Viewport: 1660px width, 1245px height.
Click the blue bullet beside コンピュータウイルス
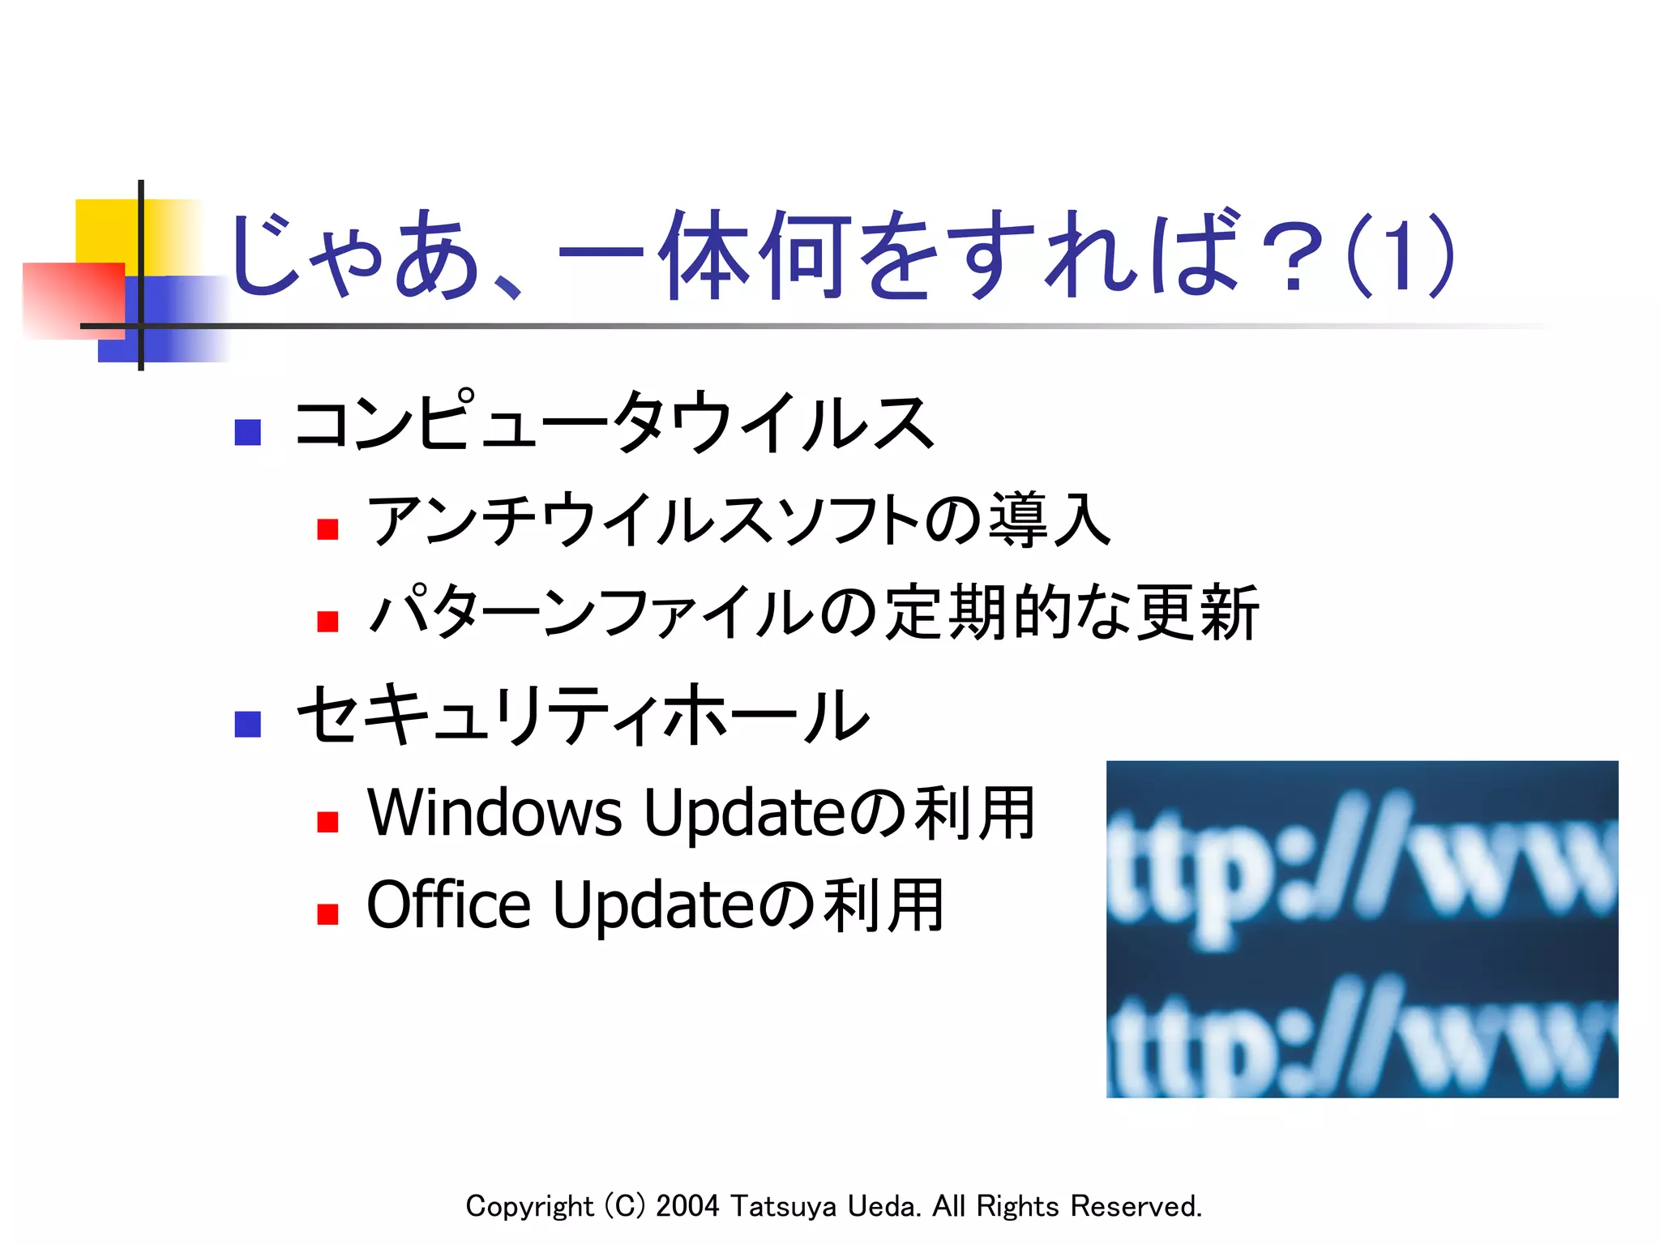pyautogui.click(x=247, y=432)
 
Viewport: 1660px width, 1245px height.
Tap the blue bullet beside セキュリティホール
pyautogui.click(x=247, y=724)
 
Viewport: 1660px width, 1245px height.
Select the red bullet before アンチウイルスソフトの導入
pyautogui.click(x=327, y=529)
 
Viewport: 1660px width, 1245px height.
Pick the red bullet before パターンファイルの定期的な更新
pyautogui.click(x=327, y=622)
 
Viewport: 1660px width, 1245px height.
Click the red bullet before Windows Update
pyautogui.click(x=327, y=822)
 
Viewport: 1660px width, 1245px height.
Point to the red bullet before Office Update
pyautogui.click(x=327, y=914)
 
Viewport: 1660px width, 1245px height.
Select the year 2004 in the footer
pyautogui.click(x=687, y=1206)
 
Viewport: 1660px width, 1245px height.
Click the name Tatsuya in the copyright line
pyautogui.click(x=783, y=1206)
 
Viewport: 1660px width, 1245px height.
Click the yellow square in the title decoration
pyautogui.click(x=105, y=230)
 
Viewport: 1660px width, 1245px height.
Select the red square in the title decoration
pyautogui.click(x=73, y=300)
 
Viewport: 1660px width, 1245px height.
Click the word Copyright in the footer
pyautogui.click(x=529, y=1207)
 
